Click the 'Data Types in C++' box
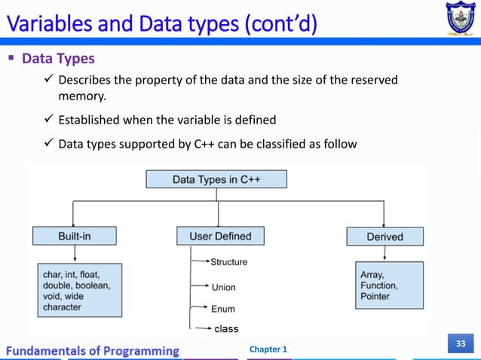coord(216,179)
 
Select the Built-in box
coord(75,236)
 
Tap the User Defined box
coord(220,236)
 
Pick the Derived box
coord(384,236)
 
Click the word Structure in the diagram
coord(228,262)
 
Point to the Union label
coord(223,287)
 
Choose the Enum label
coord(222,309)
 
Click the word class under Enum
coord(226,328)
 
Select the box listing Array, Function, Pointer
coord(384,285)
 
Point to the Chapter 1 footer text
coord(268,350)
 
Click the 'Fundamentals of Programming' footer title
coord(94,351)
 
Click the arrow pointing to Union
coord(201,286)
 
